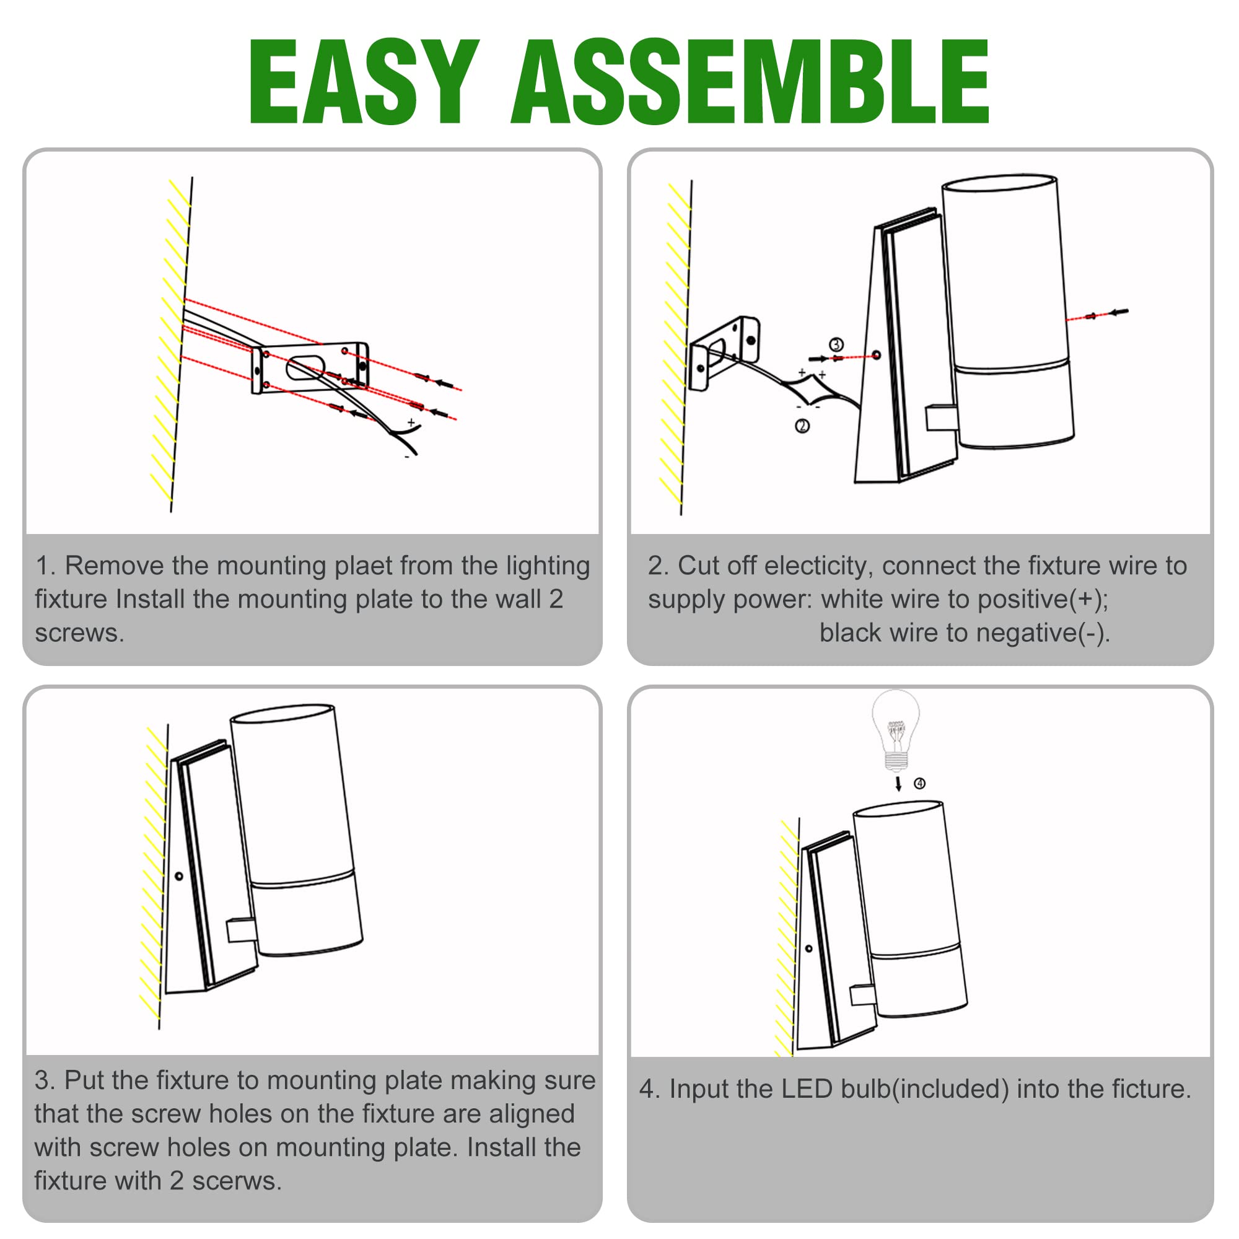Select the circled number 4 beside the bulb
[919, 784]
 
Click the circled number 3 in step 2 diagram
[836, 345]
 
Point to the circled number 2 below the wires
[802, 426]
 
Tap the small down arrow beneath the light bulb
[898, 784]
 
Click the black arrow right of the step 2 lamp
[1118, 312]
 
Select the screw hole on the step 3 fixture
[179, 875]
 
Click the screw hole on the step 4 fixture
[808, 948]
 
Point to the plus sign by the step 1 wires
[411, 422]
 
